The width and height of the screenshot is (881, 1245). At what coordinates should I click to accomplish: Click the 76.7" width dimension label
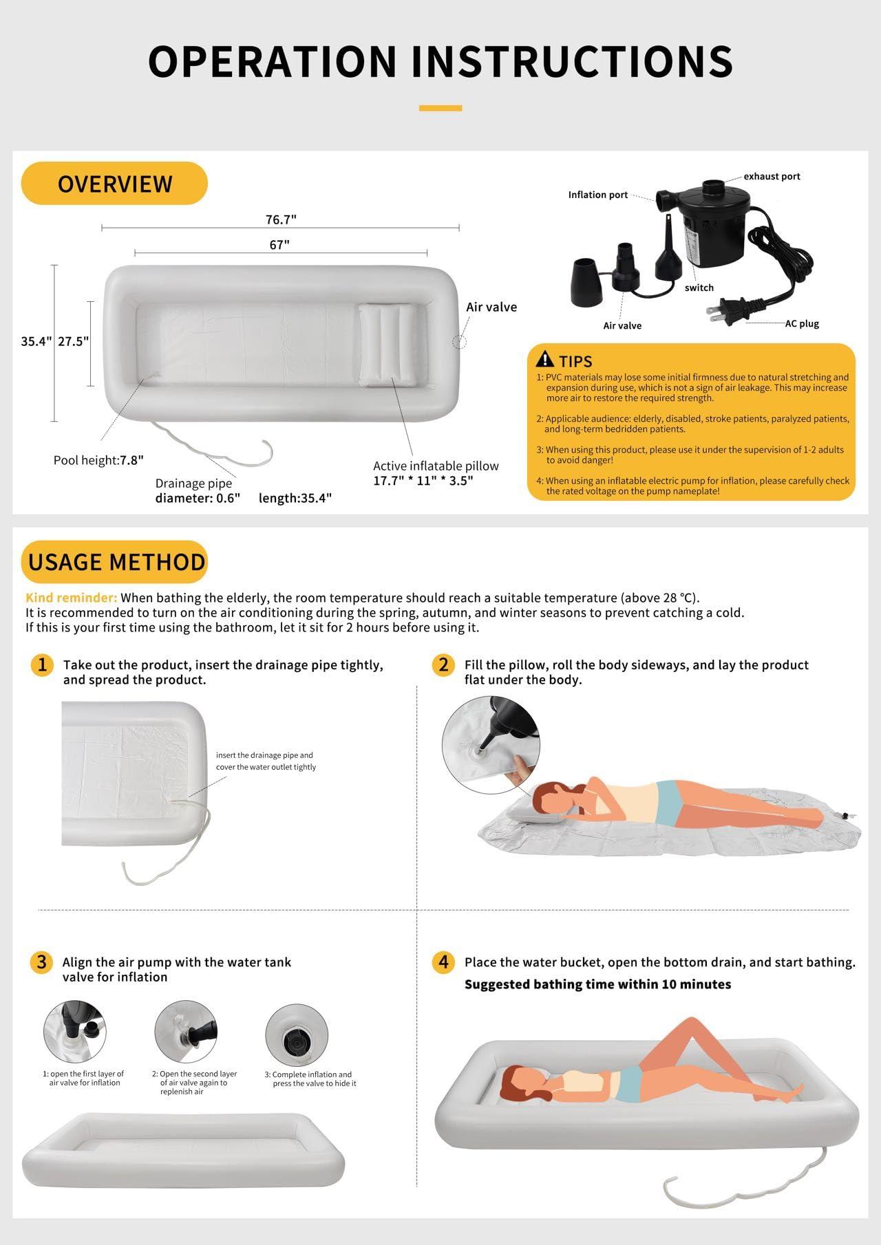point(281,219)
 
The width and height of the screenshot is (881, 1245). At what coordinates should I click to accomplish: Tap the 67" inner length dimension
point(279,245)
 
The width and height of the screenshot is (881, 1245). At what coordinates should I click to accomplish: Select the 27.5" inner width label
point(73,341)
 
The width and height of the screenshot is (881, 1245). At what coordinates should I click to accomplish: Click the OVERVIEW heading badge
point(114,184)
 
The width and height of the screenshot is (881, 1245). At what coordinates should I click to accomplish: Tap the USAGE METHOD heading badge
point(115,562)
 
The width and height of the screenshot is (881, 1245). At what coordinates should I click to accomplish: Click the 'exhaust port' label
point(772,176)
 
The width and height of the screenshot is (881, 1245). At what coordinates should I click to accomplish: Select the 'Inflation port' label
point(598,195)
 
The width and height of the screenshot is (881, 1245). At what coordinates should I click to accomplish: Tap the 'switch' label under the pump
point(699,288)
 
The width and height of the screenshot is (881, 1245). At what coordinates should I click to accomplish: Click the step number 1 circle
point(42,664)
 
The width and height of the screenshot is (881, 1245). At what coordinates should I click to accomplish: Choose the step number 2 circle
point(443,664)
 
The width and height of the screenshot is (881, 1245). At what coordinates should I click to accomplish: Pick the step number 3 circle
point(42,962)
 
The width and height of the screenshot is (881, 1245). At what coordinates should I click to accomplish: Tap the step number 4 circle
point(443,962)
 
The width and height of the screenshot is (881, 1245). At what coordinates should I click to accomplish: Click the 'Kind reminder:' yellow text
point(72,598)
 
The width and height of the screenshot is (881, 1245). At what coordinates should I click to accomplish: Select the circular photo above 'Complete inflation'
point(296,1035)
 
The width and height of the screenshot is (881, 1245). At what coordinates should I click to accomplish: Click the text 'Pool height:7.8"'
point(98,460)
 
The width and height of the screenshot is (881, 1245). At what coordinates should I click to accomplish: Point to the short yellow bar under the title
point(440,108)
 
